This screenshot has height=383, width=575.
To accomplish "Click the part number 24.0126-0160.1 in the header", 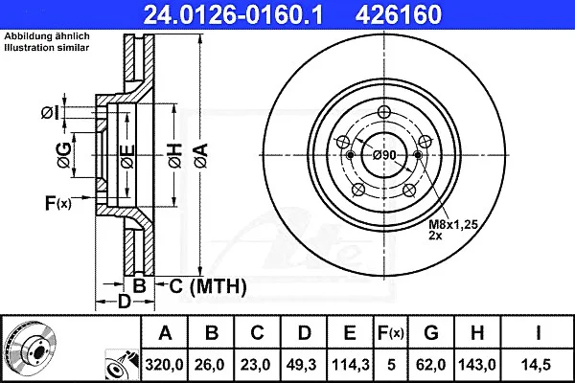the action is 234,14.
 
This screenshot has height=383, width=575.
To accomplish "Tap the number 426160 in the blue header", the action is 399,14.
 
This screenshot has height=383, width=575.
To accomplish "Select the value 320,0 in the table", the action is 164,365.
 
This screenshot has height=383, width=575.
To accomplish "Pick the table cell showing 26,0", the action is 210,365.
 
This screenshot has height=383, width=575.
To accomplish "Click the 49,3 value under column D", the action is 302,365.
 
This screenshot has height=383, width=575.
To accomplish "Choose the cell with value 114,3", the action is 350,365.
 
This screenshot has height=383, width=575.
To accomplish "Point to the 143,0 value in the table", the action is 477,365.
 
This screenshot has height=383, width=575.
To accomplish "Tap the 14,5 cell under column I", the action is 537,365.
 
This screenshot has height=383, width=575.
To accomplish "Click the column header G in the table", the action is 431,333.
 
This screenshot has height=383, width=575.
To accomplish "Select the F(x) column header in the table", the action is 391,333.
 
